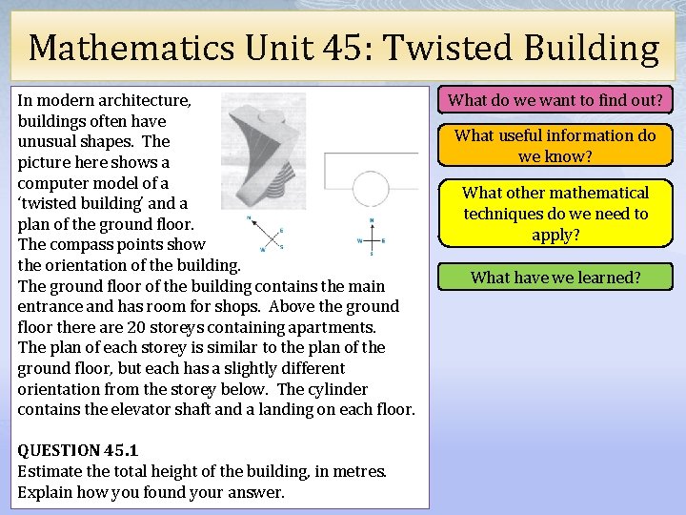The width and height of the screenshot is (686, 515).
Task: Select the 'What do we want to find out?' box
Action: point(555,99)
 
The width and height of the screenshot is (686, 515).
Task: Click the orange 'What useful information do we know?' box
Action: point(555,146)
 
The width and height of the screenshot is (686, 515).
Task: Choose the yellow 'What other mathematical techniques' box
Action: point(555,214)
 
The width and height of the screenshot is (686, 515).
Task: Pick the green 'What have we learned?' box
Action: point(555,278)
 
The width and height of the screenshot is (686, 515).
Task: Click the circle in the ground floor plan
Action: point(372,189)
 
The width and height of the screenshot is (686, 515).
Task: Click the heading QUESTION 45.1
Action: point(78,449)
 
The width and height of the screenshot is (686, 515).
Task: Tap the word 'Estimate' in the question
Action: point(50,471)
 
